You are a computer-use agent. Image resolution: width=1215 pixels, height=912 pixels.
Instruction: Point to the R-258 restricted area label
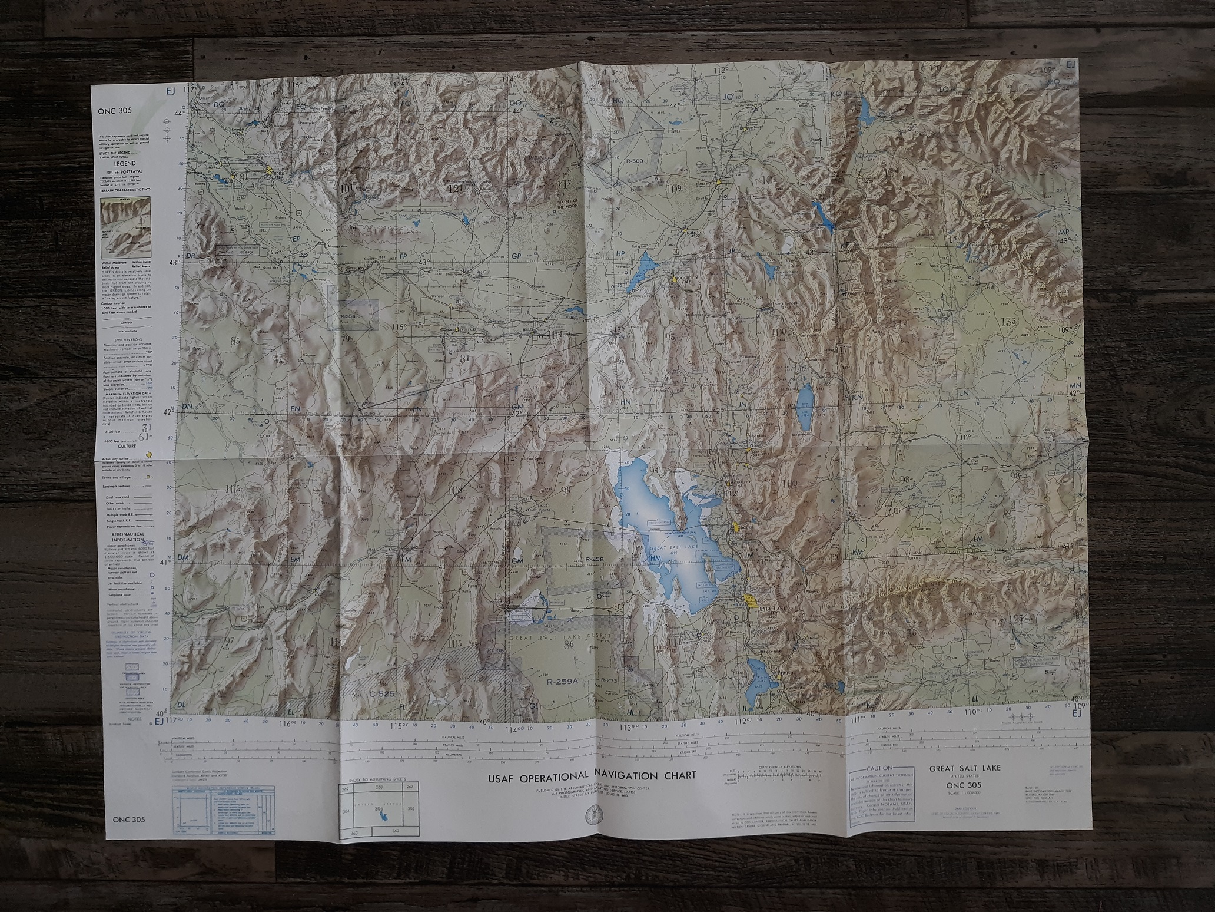pyautogui.click(x=595, y=557)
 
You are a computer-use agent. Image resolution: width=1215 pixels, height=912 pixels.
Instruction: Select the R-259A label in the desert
pyautogui.click(x=563, y=682)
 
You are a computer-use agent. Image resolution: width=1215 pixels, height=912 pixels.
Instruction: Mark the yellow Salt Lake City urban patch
pyautogui.click(x=749, y=599)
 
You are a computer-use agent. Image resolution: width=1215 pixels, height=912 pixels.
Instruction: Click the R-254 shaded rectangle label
pyautogui.click(x=350, y=316)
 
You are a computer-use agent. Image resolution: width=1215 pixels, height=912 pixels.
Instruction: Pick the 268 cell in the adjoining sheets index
pyautogui.click(x=379, y=787)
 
